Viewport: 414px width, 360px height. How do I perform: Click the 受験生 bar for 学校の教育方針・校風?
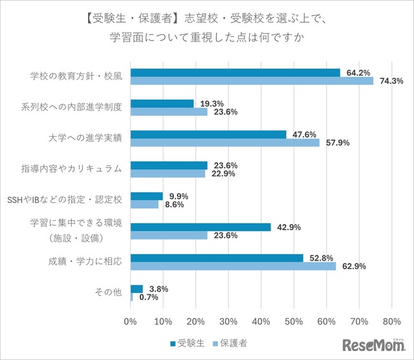point(235,72)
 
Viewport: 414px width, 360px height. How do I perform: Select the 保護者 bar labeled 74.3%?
point(252,81)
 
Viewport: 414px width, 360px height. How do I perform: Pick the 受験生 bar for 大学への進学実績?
point(208,134)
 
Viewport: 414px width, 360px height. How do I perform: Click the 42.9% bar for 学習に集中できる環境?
point(201,227)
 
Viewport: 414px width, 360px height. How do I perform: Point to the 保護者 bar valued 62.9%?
point(234,266)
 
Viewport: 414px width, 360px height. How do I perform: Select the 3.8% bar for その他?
point(136,288)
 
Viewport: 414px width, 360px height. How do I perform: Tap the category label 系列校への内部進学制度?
point(76,107)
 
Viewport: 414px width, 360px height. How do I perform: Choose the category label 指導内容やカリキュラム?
point(76,169)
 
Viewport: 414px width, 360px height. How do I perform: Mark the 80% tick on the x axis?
point(391,321)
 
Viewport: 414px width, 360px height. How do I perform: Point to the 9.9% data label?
point(177,196)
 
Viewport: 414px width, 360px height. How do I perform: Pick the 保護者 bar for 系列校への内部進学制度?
point(169,112)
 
